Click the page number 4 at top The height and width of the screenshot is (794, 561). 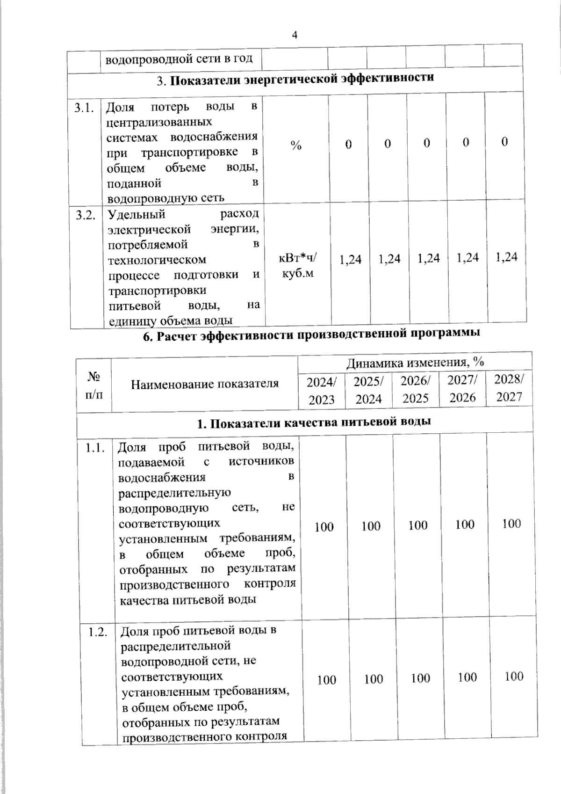[x=294, y=35]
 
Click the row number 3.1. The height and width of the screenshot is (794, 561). [x=85, y=109]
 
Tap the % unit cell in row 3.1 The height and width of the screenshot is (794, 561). [x=295, y=146]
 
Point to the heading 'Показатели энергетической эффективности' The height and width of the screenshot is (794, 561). [x=295, y=79]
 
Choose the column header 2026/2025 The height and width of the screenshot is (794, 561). [x=416, y=389]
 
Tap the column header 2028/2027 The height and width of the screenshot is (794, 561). [x=509, y=387]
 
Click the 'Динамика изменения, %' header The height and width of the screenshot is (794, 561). [x=415, y=363]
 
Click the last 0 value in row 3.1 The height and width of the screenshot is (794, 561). [x=504, y=142]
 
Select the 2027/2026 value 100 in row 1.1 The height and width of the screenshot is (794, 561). [x=465, y=524]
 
